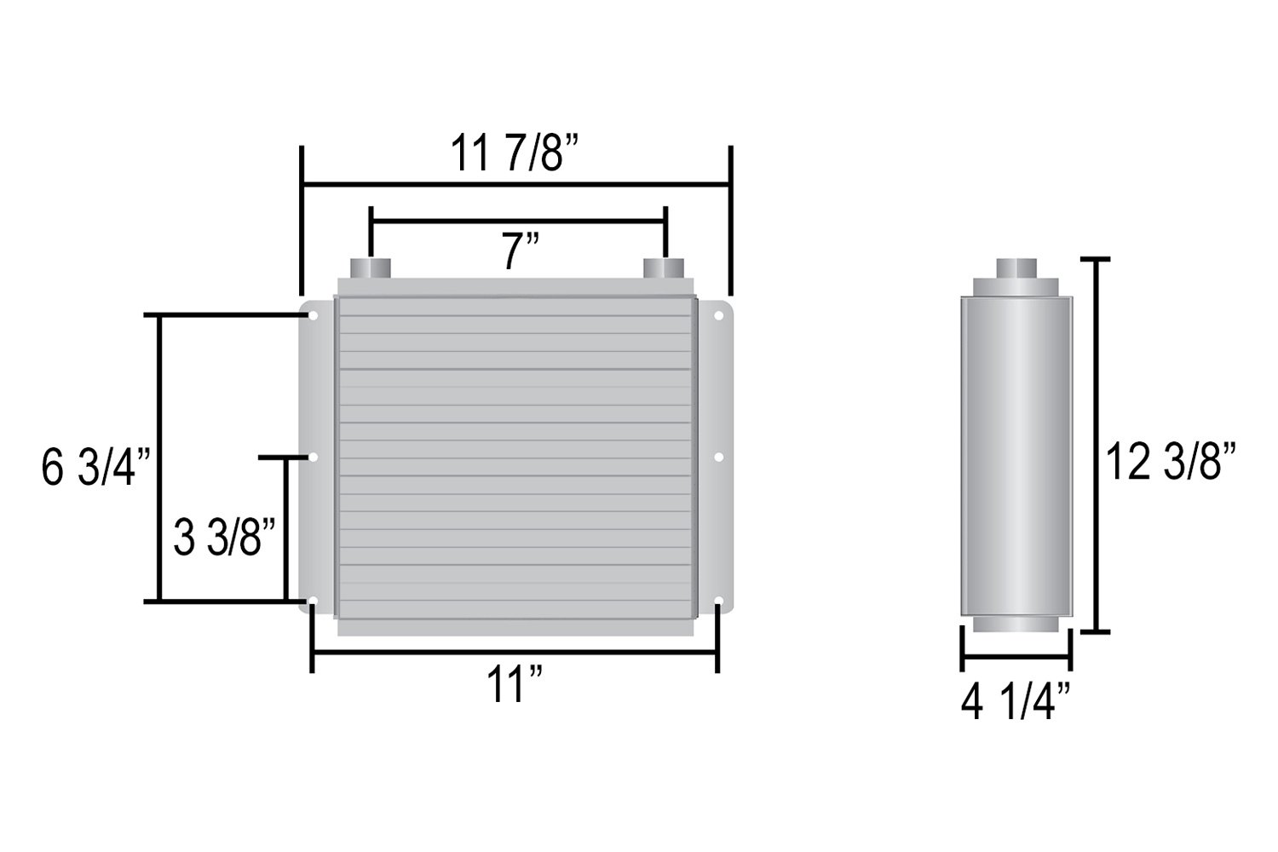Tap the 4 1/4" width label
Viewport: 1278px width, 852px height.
1015,705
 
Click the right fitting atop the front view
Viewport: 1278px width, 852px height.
665,268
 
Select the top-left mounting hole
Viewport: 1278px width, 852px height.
314,316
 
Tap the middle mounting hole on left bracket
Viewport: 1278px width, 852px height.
314,458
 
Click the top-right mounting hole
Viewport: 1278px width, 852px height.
718,316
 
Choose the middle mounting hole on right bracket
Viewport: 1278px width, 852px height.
718,458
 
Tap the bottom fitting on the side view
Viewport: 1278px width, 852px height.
1016,623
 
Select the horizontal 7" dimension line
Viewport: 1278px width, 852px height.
518,221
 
